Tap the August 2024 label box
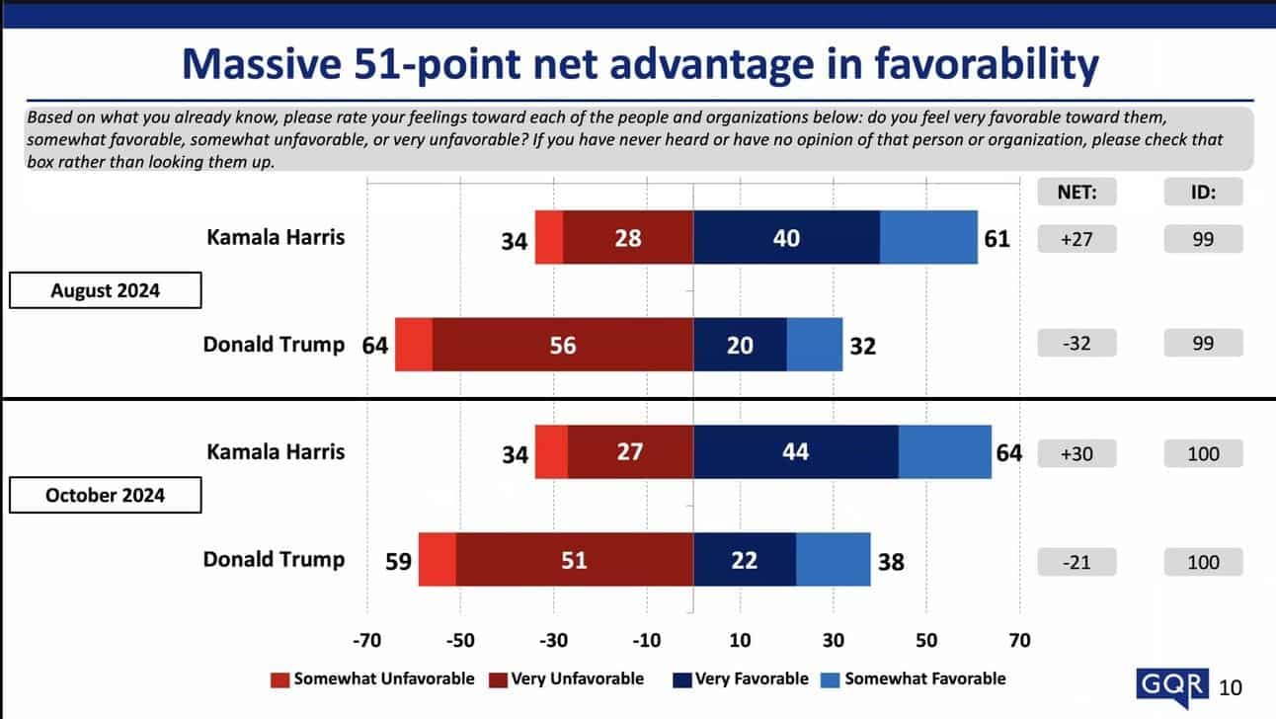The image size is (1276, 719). click(x=105, y=291)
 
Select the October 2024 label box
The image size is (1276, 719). click(x=105, y=495)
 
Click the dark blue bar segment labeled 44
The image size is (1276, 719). click(x=796, y=451)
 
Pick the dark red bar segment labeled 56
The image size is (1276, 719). click(x=563, y=345)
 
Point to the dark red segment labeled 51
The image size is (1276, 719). click(x=574, y=560)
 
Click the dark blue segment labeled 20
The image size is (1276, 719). click(x=740, y=345)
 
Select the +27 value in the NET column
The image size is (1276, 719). click(x=1077, y=238)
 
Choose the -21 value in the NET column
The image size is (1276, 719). click(x=1077, y=562)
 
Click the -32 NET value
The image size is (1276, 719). click(x=1077, y=344)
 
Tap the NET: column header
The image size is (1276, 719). click(x=1077, y=193)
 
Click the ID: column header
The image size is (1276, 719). click(x=1203, y=193)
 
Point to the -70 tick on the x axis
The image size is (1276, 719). click(x=367, y=640)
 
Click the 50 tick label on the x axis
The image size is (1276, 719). click(x=925, y=640)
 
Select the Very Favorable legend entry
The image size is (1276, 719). click(x=741, y=679)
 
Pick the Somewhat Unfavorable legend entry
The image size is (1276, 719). click(x=372, y=679)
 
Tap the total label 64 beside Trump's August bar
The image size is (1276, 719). click(x=375, y=346)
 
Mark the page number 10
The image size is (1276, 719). click(x=1231, y=687)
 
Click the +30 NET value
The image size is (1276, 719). click(x=1077, y=453)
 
